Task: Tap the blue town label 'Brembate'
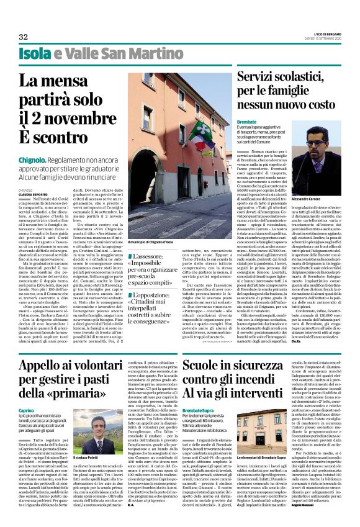(x=248, y=122)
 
